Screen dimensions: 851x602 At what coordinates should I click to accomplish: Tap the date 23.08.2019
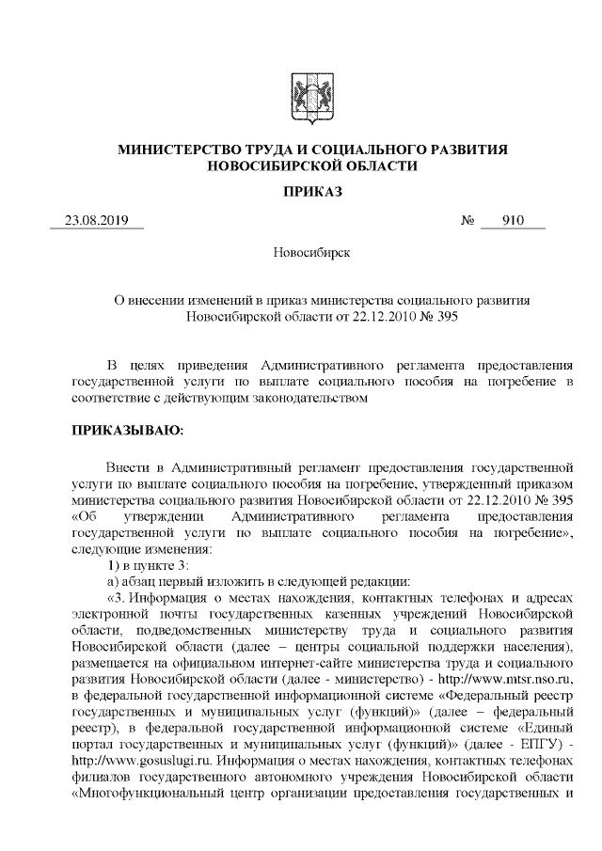(95, 222)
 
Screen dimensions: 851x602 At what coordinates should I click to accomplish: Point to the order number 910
(513, 222)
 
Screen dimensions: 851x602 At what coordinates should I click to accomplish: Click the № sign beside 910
(467, 222)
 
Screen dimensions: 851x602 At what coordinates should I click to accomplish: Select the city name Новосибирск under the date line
(301, 253)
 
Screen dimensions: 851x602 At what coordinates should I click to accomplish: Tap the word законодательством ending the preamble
(311, 398)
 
